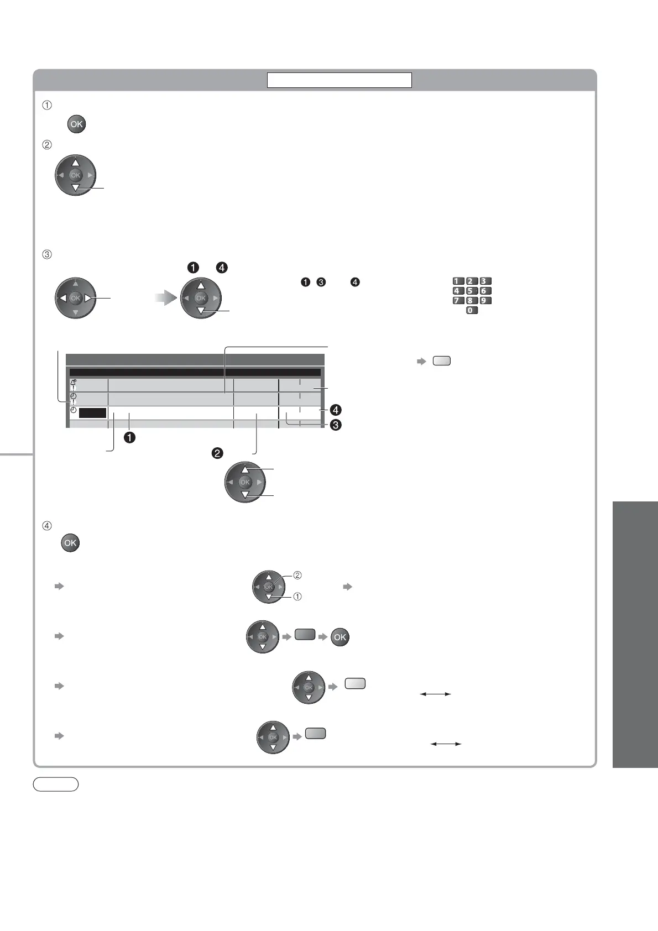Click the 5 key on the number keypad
[x=472, y=291]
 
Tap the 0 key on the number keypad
[x=472, y=310]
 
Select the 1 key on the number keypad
[x=458, y=281]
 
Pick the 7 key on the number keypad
[x=458, y=301]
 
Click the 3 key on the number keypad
[x=485, y=281]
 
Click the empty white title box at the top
[x=339, y=80]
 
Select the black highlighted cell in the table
[x=93, y=413]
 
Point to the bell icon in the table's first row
[x=74, y=381]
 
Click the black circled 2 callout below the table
[x=217, y=453]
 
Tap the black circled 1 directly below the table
[x=130, y=437]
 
